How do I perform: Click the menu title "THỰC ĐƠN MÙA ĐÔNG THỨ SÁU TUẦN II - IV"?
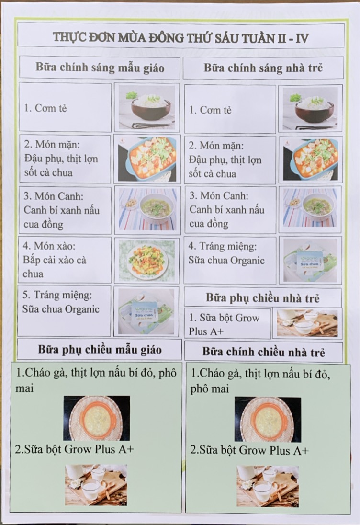coord(180,37)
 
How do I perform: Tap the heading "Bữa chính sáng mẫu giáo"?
coord(100,68)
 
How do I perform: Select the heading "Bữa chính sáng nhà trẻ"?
coord(263,68)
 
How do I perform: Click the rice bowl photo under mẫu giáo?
coord(147,107)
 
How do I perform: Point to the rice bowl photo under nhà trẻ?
coord(310,108)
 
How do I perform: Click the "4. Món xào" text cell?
coord(65,260)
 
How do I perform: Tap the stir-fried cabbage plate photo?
coord(147,260)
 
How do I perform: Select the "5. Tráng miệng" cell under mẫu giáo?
coord(64,310)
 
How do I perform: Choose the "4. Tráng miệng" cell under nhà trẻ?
coord(230,261)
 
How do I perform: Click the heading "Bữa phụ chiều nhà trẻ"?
coord(263,297)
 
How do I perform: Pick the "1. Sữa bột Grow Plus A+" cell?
coord(227,324)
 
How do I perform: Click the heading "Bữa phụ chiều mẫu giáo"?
coord(100,350)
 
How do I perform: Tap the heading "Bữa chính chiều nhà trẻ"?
coord(264,352)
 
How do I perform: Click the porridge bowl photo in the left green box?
coord(97,418)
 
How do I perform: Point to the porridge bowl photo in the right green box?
coord(268,419)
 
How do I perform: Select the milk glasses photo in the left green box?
coord(96,484)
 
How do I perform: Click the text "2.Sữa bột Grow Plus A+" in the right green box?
coord(249,450)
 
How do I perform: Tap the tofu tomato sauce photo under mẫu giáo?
coord(147,159)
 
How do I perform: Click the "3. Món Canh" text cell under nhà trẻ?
coord(230,210)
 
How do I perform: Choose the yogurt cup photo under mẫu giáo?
coord(146,311)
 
